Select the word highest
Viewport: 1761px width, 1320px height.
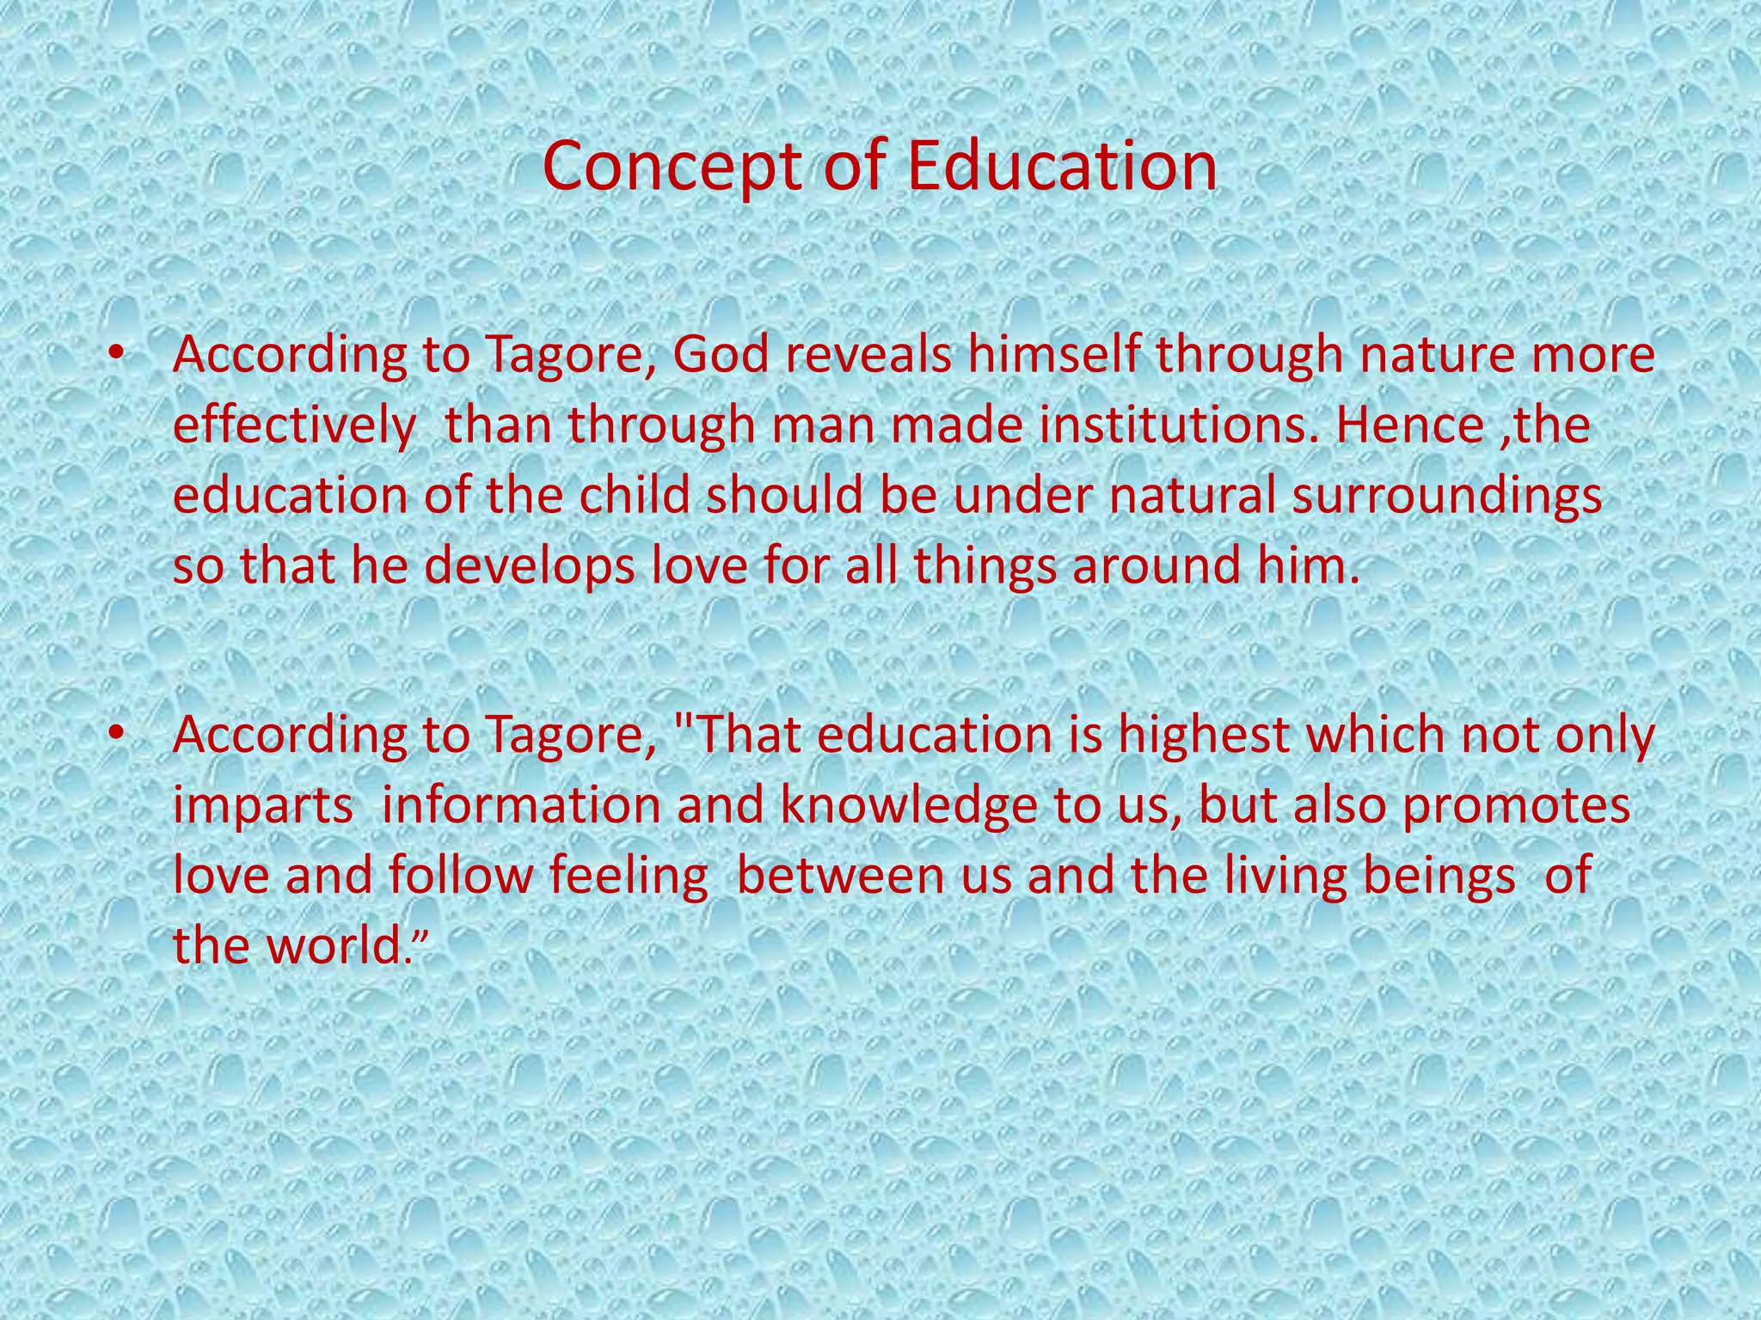[x=1204, y=736]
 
